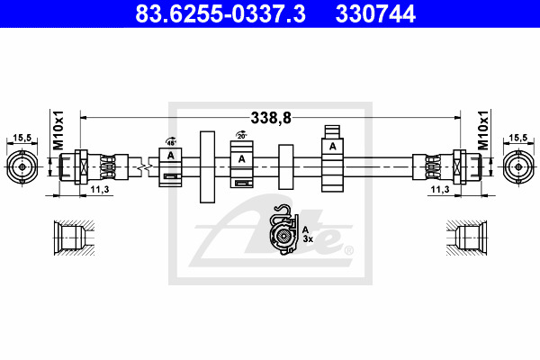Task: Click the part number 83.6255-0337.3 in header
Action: tap(220, 13)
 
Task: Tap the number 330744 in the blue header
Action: tap(375, 13)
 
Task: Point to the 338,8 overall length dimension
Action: tap(271, 118)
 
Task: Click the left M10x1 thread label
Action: tap(58, 130)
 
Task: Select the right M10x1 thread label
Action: tap(483, 130)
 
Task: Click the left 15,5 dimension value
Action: tap(22, 138)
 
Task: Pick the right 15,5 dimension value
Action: tap(518, 138)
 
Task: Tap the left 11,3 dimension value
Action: tap(100, 189)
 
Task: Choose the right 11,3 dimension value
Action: tap(440, 189)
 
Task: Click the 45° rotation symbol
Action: tap(171, 141)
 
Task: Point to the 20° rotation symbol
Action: tap(242, 135)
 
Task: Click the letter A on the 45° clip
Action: tap(170, 156)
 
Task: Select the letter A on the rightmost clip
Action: tap(332, 147)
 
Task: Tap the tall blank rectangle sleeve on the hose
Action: tap(207, 167)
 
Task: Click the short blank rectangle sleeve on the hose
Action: tap(286, 166)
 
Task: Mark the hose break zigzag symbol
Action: tap(145, 167)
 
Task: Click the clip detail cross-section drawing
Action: tap(284, 229)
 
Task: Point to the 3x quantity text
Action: tap(308, 238)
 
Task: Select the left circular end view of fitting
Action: tap(22, 167)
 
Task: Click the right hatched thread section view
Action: tap(466, 238)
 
